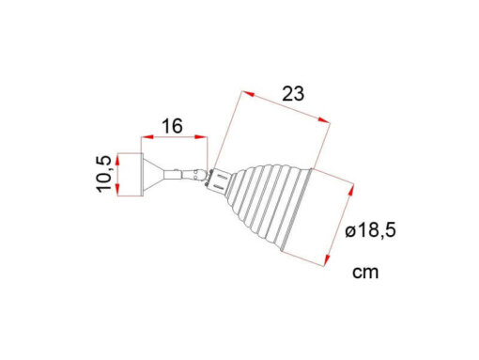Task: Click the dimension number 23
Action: click(293, 94)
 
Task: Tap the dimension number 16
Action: click(172, 126)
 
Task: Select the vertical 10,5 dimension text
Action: click(104, 174)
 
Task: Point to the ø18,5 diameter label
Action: click(370, 231)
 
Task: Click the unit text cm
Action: click(365, 272)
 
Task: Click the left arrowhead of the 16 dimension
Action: click(147, 137)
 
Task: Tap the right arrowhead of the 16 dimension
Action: click(201, 137)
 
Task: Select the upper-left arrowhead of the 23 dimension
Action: click(248, 94)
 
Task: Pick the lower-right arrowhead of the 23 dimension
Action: click(324, 119)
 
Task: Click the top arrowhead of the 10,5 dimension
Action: click(117, 160)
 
